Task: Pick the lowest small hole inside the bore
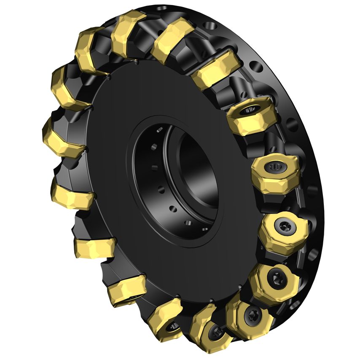(188, 223)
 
